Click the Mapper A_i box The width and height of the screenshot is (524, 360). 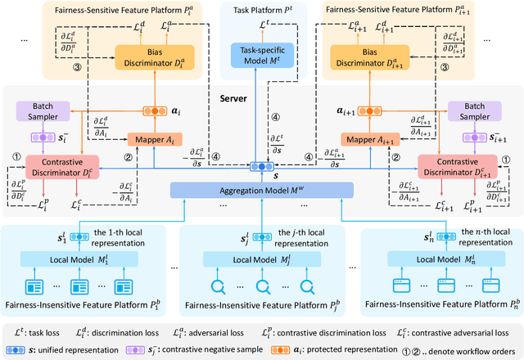pos(154,140)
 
